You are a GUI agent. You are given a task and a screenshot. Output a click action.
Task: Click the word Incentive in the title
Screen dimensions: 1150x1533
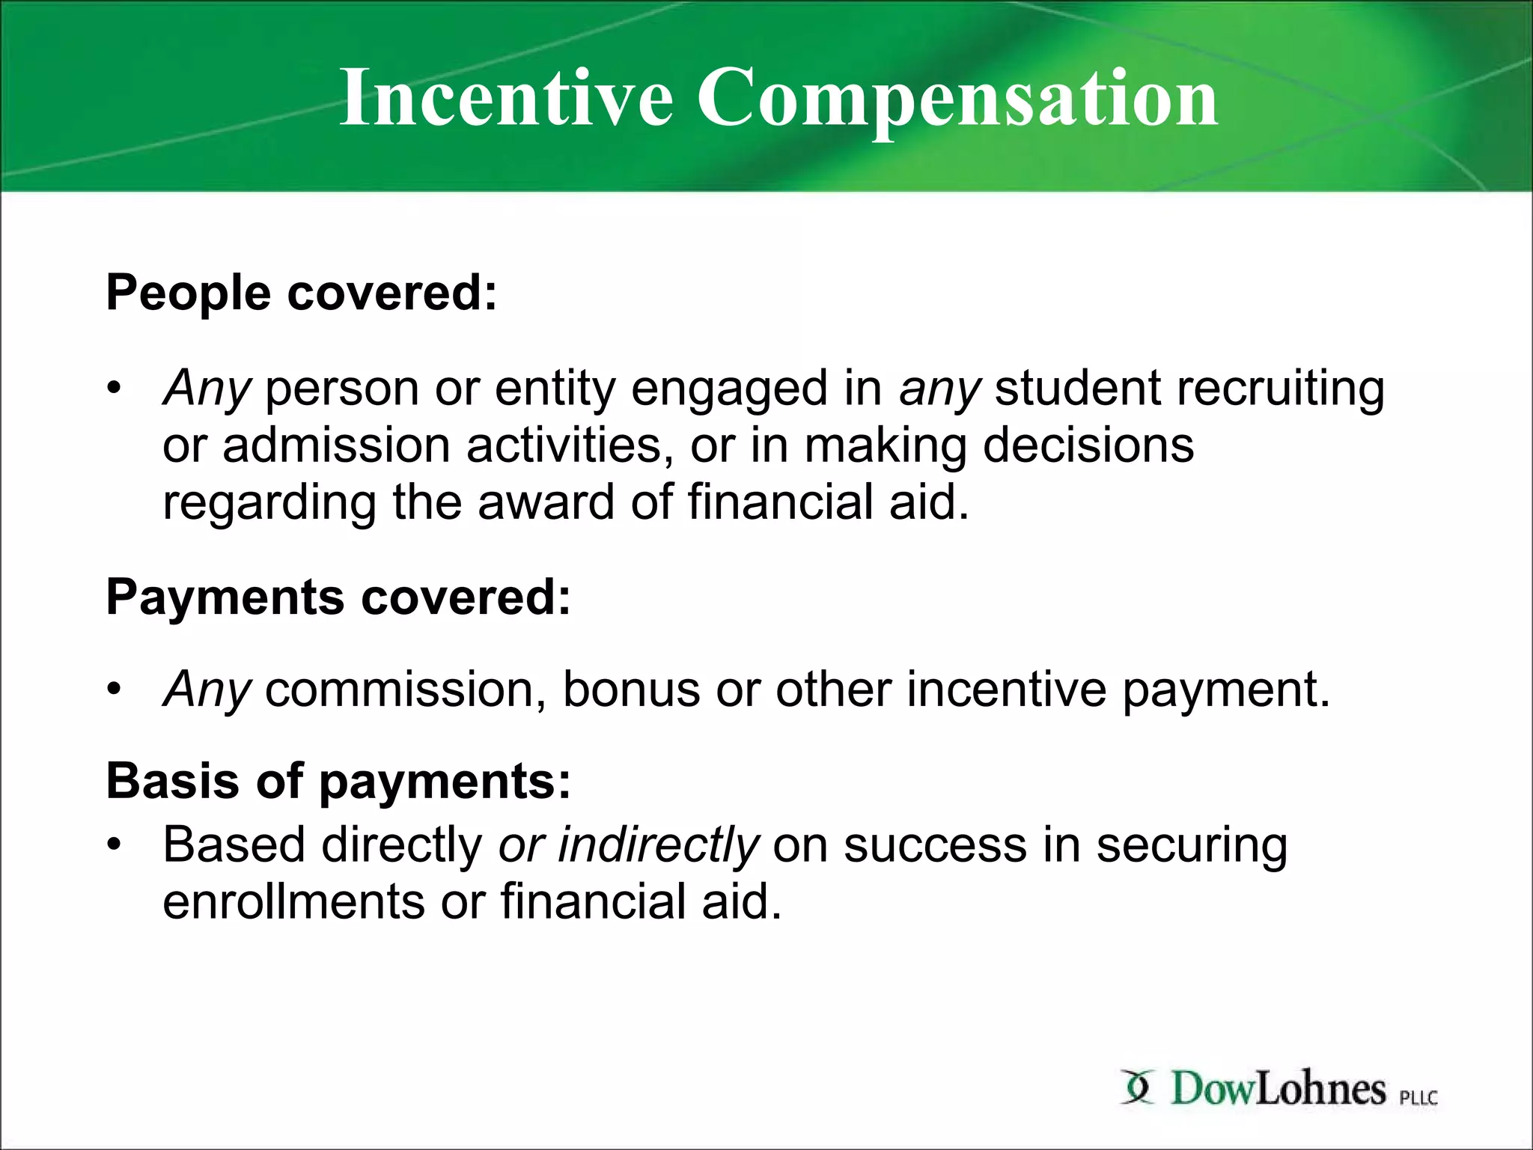[506, 97]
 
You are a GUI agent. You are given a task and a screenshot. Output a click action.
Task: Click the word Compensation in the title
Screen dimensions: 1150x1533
[957, 97]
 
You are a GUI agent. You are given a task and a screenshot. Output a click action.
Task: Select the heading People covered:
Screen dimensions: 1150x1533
[302, 292]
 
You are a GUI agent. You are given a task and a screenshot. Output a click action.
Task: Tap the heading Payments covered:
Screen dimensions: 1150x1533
[338, 597]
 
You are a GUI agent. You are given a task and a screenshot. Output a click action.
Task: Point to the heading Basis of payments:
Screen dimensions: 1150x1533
[338, 781]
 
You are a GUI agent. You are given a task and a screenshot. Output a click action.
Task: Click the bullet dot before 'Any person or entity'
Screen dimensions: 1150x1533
[113, 389]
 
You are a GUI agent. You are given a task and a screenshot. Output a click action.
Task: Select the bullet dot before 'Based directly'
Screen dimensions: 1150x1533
[113, 845]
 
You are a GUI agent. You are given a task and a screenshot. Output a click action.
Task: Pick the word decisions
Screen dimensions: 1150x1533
[1088, 445]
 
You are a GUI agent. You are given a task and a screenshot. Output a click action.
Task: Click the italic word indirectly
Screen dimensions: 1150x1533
[658, 845]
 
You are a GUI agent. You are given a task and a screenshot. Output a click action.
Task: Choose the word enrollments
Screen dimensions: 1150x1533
[294, 901]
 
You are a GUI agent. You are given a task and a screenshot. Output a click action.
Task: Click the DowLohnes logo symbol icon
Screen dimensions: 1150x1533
[1139, 1087]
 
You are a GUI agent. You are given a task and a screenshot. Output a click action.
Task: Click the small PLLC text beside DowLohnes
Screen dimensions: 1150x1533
[1418, 1098]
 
